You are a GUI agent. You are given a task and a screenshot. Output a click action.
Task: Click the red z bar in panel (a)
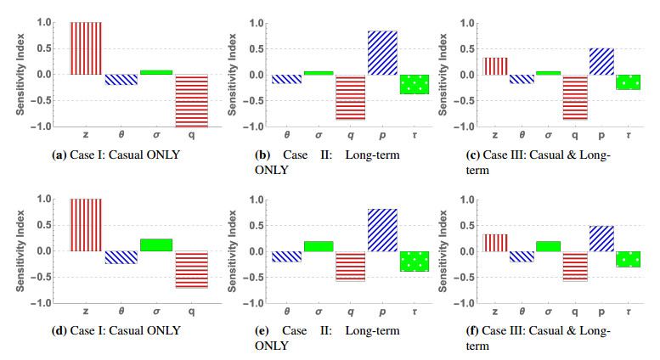[86, 48]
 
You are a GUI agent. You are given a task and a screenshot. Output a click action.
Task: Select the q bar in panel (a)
[192, 100]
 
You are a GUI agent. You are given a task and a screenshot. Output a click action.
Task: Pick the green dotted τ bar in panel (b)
[415, 84]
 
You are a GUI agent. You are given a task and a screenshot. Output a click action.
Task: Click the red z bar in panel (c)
[495, 66]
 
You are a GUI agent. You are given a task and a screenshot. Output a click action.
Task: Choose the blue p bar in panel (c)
[601, 61]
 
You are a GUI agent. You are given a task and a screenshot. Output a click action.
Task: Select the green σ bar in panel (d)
[156, 245]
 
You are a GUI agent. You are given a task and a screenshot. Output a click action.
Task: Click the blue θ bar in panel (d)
[121, 256]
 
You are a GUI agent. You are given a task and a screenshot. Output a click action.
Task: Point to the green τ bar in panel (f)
[629, 259]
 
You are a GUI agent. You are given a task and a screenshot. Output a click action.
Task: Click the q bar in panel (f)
[566, 266]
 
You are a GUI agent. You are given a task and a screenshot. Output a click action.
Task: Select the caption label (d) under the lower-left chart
[60, 331]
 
